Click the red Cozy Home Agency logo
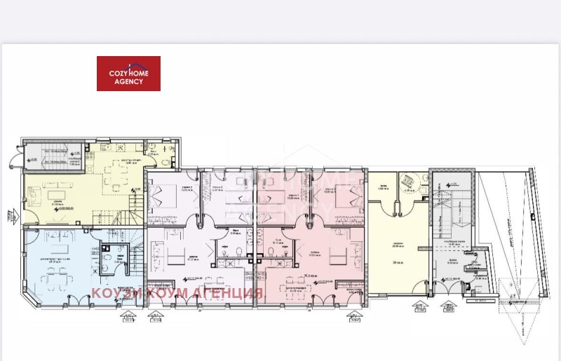(x=128, y=74)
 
